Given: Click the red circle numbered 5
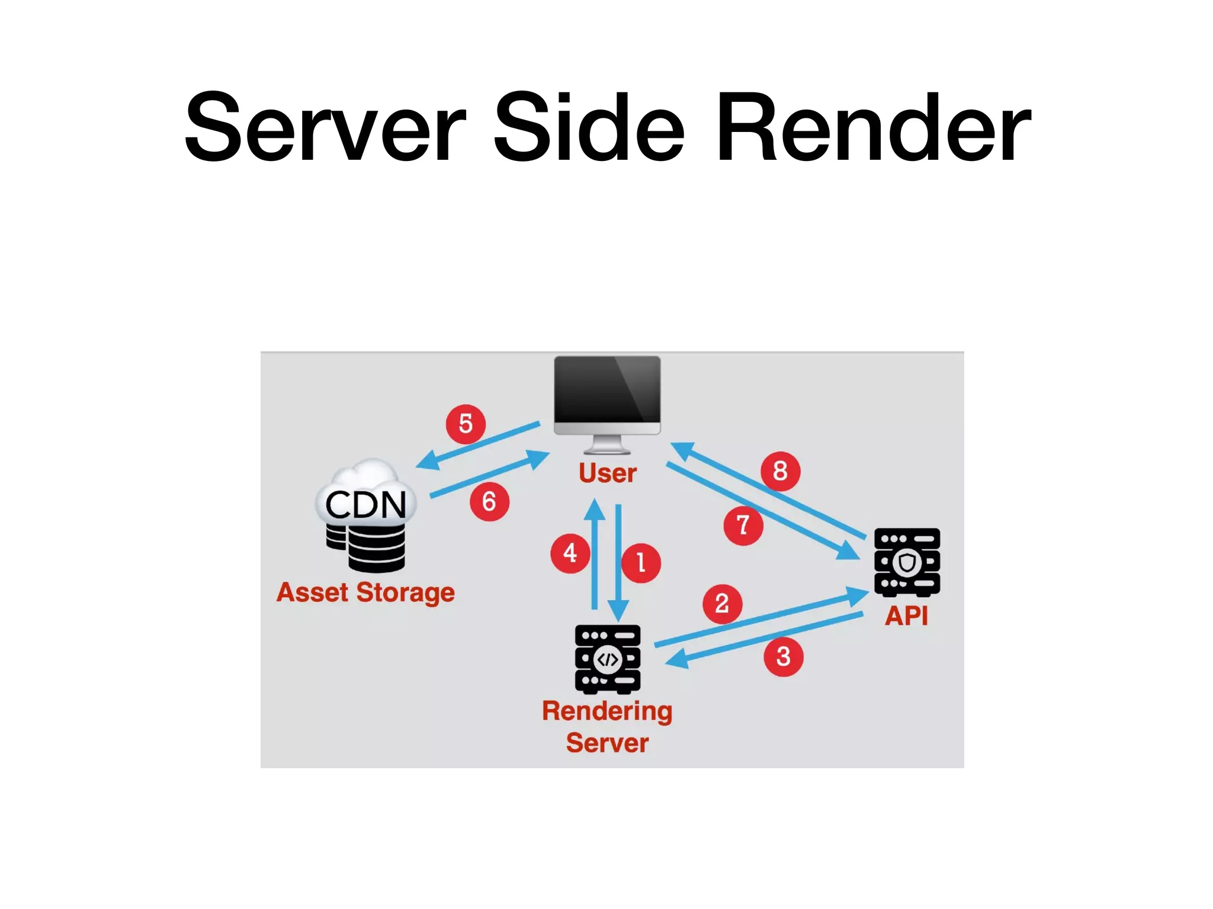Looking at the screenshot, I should coord(466,424).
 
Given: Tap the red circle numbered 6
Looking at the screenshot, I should coord(489,502).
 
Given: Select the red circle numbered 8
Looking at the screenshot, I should coord(780,471).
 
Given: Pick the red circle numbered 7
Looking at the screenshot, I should coord(743,525).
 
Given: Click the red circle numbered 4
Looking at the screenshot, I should coord(570,553).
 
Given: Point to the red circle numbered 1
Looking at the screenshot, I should coord(641,563).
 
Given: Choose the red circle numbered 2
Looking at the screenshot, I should coord(722,604).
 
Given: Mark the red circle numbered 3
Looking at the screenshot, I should coord(783,656).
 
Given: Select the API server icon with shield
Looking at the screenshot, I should coord(907,562).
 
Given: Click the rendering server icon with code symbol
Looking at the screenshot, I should coord(608,659).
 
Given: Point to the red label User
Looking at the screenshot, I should coord(608,473).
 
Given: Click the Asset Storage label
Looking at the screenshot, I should coord(365,593).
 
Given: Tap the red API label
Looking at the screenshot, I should coord(906,616).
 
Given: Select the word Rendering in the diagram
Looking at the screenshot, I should coord(607,711).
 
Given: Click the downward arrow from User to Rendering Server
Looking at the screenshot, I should coord(618,562).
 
